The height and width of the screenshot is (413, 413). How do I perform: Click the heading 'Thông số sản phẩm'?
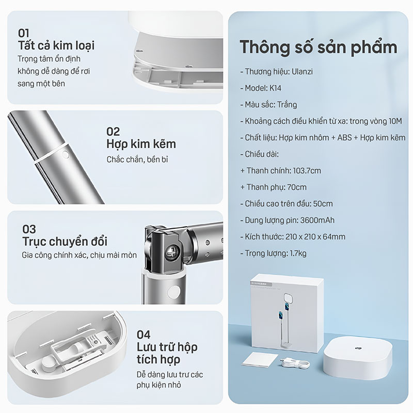(318, 47)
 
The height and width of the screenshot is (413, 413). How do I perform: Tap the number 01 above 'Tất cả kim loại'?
(23, 33)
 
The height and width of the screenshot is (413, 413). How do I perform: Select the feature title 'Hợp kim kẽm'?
(141, 144)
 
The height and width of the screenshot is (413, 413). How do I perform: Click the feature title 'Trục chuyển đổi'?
(65, 242)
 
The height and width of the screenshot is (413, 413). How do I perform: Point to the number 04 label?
(144, 335)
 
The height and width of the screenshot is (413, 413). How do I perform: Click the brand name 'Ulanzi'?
(302, 72)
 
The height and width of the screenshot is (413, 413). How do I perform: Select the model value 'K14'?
(275, 88)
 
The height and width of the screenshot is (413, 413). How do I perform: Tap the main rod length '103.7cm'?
(307, 171)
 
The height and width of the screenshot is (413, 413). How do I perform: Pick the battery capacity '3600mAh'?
(317, 220)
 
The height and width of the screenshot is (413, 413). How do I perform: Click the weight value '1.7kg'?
(298, 253)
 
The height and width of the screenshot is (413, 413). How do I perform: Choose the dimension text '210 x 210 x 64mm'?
(315, 237)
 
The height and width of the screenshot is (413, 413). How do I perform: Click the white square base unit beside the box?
(358, 357)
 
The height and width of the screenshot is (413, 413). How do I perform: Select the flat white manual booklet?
(260, 359)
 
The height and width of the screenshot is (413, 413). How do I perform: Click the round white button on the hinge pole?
(174, 292)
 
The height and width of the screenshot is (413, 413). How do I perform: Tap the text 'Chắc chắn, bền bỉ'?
(137, 160)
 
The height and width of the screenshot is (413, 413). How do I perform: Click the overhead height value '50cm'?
(323, 203)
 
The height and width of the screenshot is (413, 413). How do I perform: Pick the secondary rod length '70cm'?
(297, 187)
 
